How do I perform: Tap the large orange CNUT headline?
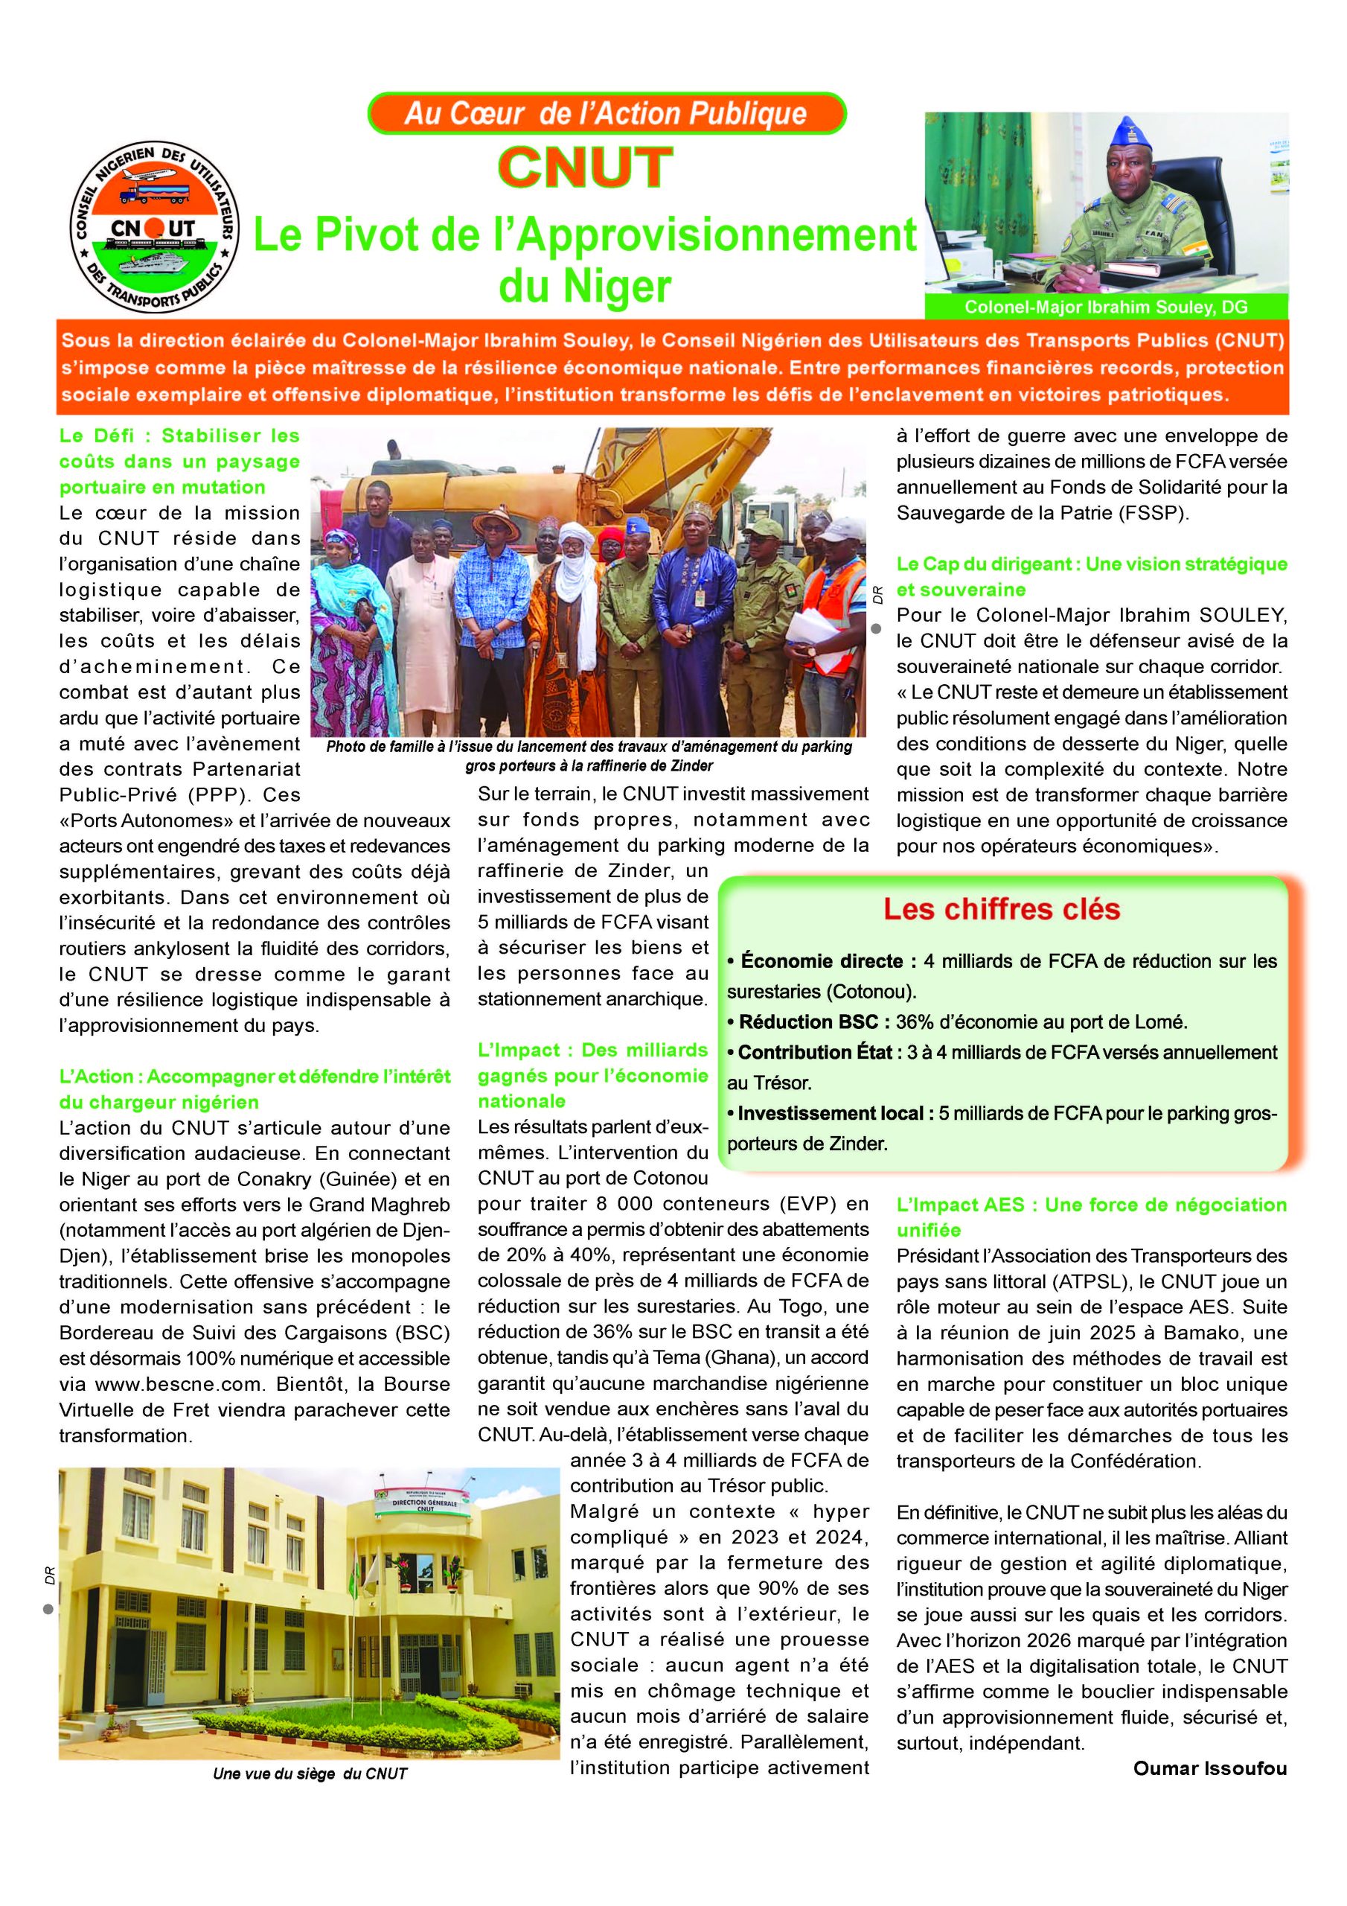point(585,167)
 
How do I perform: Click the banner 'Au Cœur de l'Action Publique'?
point(606,114)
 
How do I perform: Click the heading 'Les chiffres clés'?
point(1002,909)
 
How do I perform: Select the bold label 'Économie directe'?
point(822,961)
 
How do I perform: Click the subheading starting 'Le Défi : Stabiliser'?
point(179,461)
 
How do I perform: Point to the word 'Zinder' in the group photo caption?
point(690,765)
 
